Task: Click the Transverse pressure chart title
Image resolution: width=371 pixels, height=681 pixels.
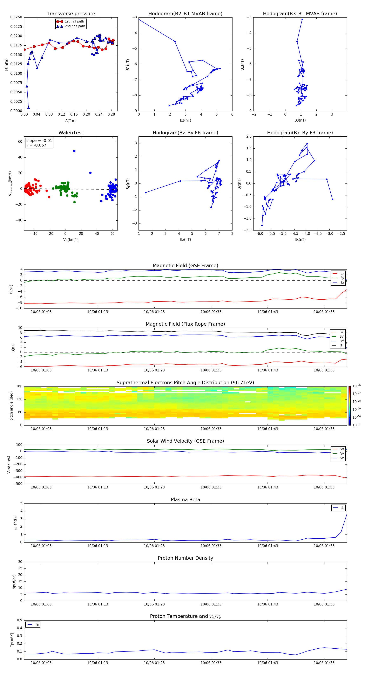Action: pyautogui.click(x=71, y=14)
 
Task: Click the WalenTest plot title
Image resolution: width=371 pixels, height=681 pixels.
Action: pyautogui.click(x=71, y=133)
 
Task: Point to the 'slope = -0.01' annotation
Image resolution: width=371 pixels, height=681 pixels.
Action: pyautogui.click(x=39, y=141)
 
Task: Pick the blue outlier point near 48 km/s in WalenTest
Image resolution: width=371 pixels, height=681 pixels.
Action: pyautogui.click(x=74, y=151)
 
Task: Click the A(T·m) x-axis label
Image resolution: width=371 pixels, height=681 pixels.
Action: pyautogui.click(x=71, y=121)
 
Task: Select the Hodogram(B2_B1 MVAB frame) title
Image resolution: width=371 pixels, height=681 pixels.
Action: pyautogui.click(x=185, y=14)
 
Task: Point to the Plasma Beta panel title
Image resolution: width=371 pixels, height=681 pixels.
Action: pyautogui.click(x=185, y=500)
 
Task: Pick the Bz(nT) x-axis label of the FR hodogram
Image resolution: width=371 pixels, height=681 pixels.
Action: pyautogui.click(x=185, y=240)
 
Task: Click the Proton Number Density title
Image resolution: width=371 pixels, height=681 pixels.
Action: pyautogui.click(x=185, y=558)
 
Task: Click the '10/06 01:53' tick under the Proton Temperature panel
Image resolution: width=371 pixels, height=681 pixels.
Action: pyautogui.click(x=324, y=663)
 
